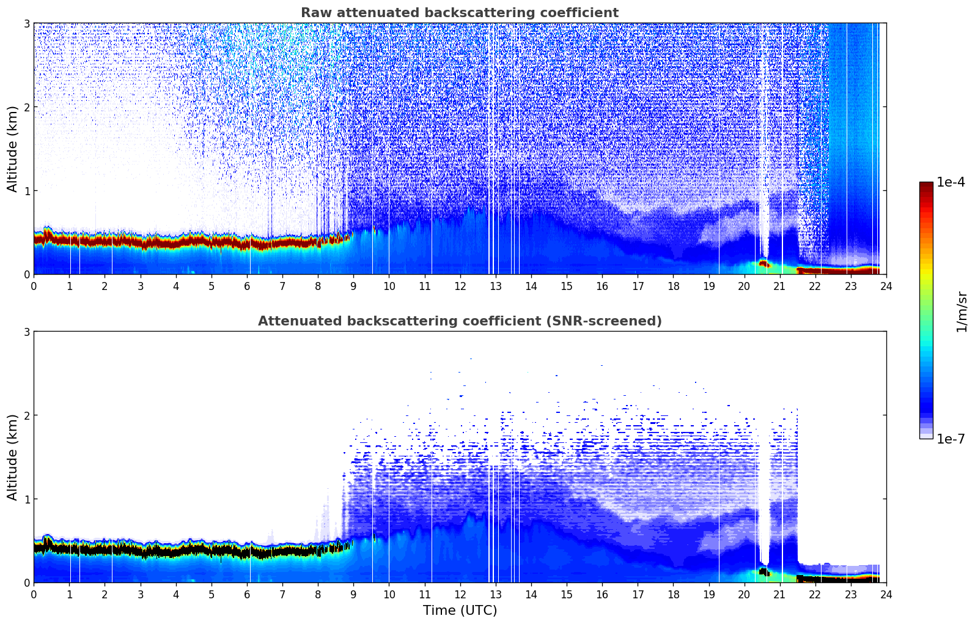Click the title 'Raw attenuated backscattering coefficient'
[x=459, y=13]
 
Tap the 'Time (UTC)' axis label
[x=460, y=611]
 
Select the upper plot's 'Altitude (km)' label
[x=13, y=149]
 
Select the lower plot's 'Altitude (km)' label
[x=13, y=457]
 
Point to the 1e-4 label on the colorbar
[x=951, y=182]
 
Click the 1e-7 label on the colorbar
[x=951, y=439]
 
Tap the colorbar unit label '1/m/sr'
[x=962, y=311]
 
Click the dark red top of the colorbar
[x=926, y=186]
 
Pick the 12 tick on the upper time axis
[x=460, y=286]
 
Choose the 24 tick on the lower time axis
[x=886, y=594]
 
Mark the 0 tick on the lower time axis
[x=34, y=594]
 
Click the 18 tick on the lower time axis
[x=673, y=594]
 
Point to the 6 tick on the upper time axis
[x=247, y=286]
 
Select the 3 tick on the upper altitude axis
[x=26, y=23]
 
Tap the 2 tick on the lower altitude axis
[x=26, y=415]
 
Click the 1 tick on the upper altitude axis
[x=26, y=191]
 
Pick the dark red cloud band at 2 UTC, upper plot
[x=105, y=240]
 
